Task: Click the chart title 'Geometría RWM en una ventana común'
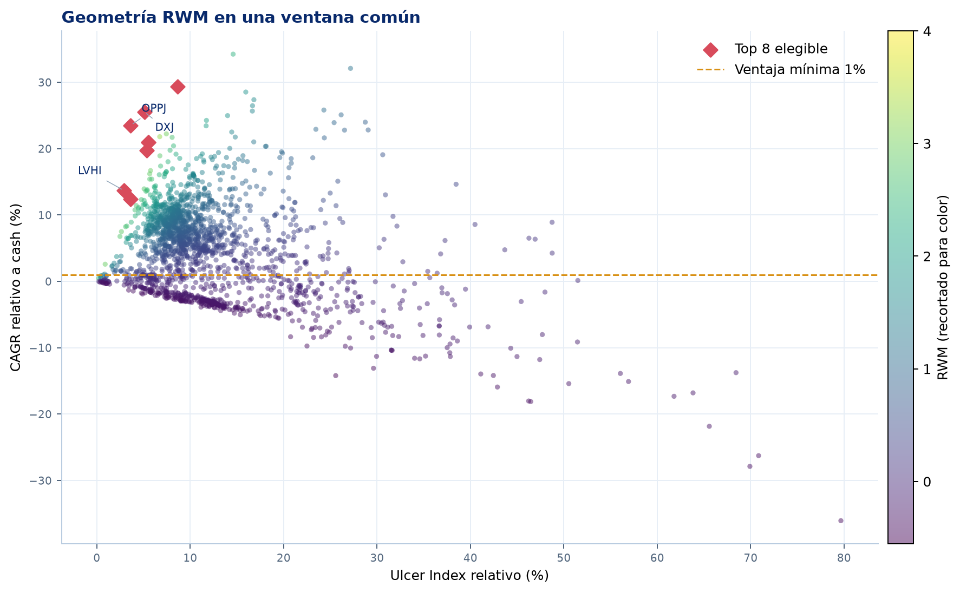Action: point(241,17)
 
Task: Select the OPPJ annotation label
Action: point(154,108)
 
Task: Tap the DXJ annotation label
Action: point(165,127)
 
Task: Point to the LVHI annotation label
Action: point(90,170)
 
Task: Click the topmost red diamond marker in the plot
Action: point(178,87)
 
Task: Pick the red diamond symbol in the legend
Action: point(710,50)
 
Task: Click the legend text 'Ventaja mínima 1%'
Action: point(800,70)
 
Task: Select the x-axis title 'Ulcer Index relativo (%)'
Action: point(469,575)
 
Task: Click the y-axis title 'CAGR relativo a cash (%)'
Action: point(16,287)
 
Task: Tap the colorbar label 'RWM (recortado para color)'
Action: point(943,287)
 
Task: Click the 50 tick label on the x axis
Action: point(564,558)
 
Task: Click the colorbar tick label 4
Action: point(926,31)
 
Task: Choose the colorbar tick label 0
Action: point(926,482)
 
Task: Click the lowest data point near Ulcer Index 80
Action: point(841,520)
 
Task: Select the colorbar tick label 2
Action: point(926,256)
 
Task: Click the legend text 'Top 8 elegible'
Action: point(781,49)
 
